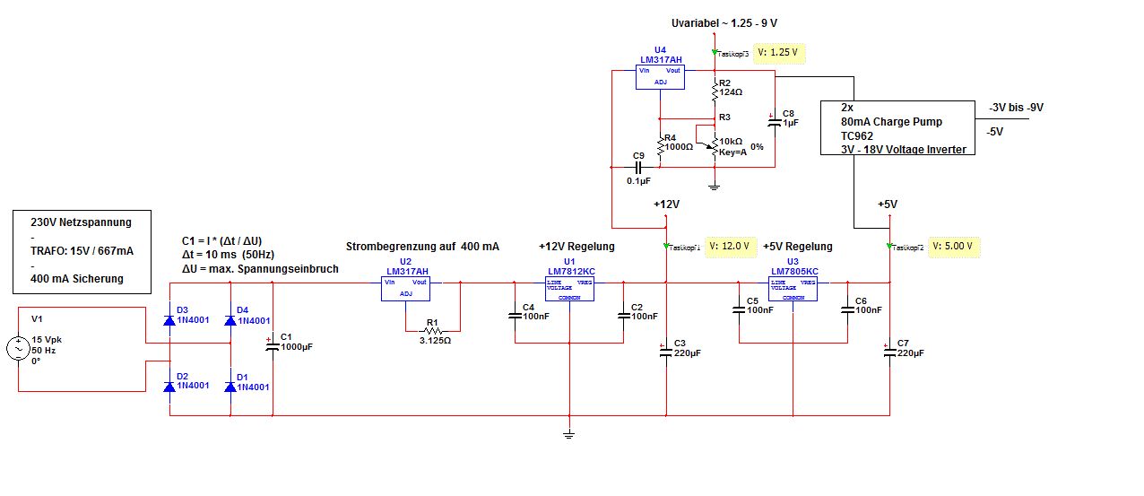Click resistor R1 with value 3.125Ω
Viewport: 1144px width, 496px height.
pyautogui.click(x=433, y=328)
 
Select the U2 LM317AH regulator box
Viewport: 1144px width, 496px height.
pyautogui.click(x=406, y=289)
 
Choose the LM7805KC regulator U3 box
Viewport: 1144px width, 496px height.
pyautogui.click(x=793, y=288)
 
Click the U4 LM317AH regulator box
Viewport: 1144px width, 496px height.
pyautogui.click(x=660, y=76)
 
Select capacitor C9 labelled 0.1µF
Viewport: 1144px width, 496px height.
pyautogui.click(x=639, y=167)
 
